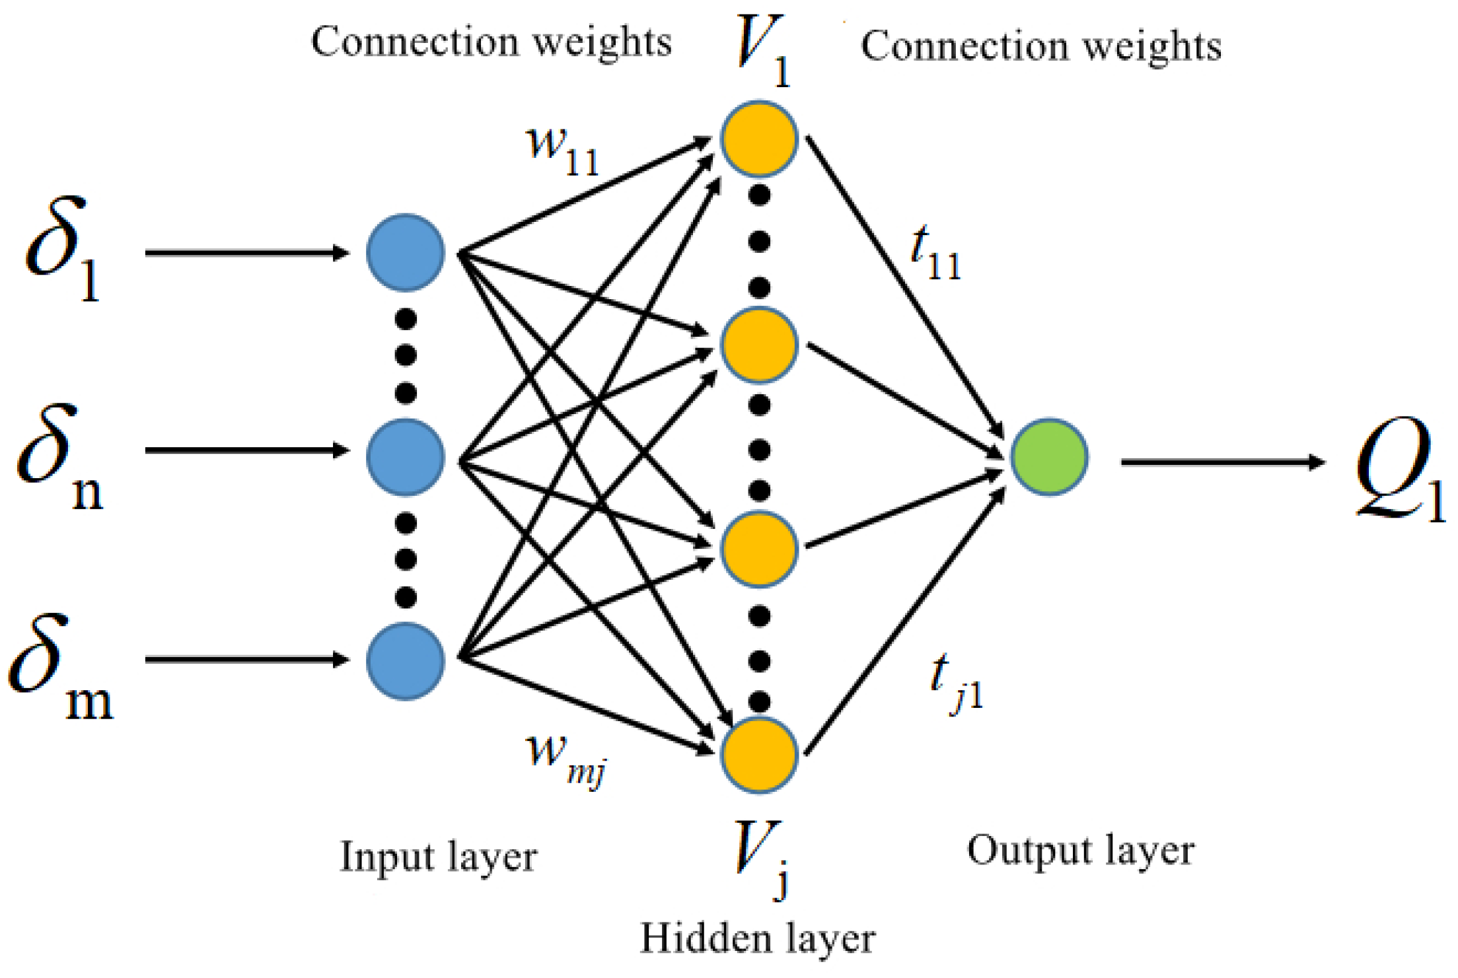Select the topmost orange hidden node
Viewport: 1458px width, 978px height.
coord(759,139)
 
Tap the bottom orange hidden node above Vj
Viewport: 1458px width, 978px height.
coord(759,755)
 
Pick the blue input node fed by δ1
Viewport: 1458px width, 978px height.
coord(405,252)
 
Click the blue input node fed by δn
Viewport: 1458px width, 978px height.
coord(405,457)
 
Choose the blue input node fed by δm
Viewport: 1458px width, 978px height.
coord(405,660)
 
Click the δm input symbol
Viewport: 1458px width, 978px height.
coord(59,667)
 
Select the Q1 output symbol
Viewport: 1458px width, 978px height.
coord(1397,469)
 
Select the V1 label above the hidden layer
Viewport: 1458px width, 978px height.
coord(763,50)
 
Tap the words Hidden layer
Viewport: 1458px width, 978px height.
coord(758,938)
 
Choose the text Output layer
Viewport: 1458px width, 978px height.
coord(1081,851)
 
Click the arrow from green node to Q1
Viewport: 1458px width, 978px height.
coord(1222,462)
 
